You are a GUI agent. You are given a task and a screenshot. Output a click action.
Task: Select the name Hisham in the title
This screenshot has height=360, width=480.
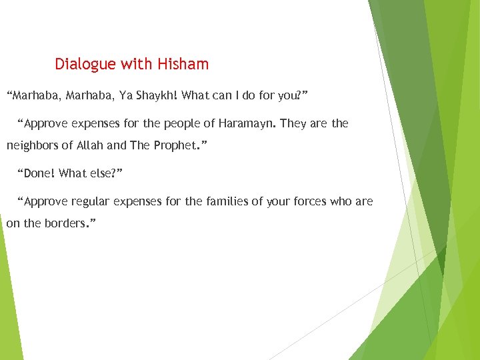(x=183, y=65)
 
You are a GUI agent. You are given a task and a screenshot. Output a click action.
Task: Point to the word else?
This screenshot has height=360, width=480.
(x=106, y=173)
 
